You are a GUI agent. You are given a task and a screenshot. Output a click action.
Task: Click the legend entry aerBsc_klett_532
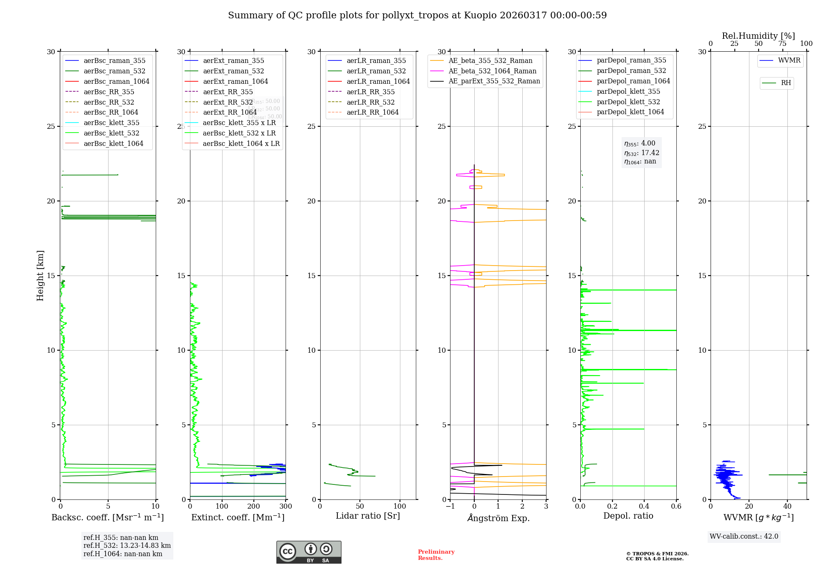pos(111,133)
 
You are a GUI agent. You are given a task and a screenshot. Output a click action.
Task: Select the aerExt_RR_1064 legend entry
pos(230,112)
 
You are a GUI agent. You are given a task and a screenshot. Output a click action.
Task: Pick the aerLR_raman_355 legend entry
pos(376,60)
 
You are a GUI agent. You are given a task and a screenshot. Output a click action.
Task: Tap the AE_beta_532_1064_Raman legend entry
pos(492,71)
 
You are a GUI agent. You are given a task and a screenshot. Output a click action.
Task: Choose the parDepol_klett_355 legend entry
pos(628,91)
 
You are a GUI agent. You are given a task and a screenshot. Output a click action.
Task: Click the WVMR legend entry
pos(789,60)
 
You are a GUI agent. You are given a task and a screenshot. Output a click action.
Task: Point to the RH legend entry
pos(786,83)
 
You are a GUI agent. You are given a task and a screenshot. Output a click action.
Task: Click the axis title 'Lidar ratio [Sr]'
pos(368,516)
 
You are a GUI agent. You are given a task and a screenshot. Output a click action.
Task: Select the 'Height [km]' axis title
pos(40,276)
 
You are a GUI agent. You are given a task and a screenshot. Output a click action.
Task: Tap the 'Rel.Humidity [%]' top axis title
pos(758,36)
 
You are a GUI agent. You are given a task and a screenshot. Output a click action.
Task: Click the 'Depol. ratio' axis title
pos(628,516)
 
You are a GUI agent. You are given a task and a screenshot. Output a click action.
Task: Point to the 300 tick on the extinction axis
pos(286,507)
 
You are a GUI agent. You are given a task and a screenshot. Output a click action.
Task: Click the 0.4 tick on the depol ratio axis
pos(644,507)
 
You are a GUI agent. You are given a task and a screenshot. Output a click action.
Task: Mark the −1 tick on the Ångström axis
pos(450,507)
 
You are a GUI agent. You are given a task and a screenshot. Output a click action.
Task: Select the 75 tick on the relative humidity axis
pos(782,44)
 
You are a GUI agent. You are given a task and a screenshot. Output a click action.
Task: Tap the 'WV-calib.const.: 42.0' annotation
pos(744,536)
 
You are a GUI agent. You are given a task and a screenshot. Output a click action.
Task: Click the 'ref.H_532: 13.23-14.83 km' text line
pos(127,545)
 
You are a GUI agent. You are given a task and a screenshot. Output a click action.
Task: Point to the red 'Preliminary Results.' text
pos(436,555)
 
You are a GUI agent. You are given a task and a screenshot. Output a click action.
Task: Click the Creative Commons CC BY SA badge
pos(309,552)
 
